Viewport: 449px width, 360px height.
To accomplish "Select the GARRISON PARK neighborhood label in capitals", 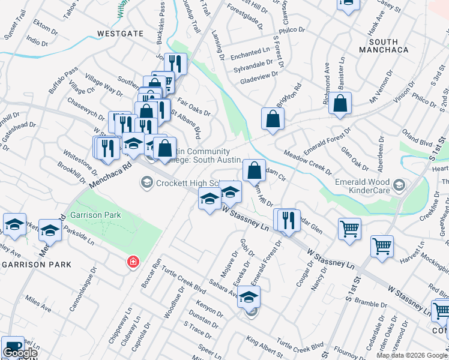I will pyautogui.click(x=36, y=264).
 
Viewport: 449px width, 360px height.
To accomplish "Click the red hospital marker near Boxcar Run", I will pyautogui.click(x=133, y=262).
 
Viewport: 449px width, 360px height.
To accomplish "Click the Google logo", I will pyautogui.click(x=19, y=353).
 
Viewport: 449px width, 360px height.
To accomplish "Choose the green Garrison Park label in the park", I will pyautogui.click(x=95, y=215).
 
